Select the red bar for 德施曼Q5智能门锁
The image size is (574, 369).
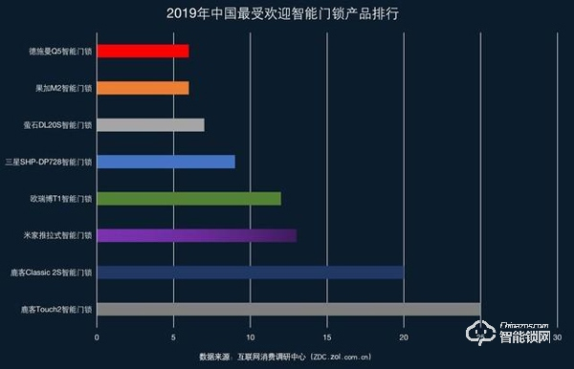(143, 51)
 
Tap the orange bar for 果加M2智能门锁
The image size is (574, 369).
(143, 88)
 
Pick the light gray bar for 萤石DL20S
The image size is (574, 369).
(150, 124)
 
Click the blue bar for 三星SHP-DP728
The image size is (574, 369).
(166, 162)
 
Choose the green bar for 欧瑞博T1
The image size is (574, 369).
(188, 198)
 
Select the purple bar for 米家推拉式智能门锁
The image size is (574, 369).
(196, 235)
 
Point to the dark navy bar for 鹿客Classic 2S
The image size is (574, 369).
(250, 272)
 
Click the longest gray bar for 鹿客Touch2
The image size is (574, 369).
(288, 309)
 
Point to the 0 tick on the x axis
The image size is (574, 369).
(97, 336)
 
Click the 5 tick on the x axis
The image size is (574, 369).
(173, 336)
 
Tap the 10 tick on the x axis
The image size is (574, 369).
(251, 336)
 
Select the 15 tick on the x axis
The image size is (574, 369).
(327, 336)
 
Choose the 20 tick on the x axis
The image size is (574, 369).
(404, 336)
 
